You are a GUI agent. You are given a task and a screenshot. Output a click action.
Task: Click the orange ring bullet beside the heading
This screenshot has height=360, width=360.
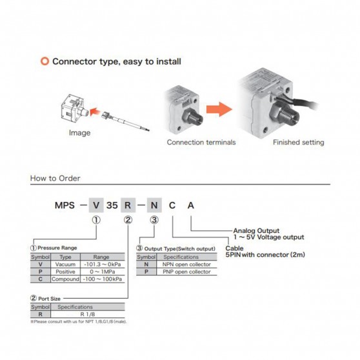45,61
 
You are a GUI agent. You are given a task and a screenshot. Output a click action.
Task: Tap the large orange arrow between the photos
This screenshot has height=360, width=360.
219,109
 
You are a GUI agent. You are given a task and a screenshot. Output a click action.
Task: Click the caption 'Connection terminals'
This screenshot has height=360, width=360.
201,143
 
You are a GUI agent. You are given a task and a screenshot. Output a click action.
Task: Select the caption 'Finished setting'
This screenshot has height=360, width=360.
299,143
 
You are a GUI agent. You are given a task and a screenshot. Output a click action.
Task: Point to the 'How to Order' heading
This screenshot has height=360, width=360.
55,178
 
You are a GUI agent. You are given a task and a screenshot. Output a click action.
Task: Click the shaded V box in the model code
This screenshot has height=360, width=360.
96,205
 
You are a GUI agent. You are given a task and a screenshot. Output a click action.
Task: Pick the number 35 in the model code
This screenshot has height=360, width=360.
112,205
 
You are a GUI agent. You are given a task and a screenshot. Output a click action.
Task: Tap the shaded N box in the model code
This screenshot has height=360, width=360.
154,205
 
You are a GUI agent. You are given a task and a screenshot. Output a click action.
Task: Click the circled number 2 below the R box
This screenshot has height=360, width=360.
128,220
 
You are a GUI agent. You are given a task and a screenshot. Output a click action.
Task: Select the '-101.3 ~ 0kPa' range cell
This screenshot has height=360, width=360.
103,265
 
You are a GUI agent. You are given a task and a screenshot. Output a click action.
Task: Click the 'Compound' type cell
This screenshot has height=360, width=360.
65,279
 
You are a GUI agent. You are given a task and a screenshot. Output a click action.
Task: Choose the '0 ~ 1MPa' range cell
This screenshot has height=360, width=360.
103,272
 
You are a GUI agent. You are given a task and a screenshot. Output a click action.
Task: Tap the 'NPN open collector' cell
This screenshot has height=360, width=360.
186,265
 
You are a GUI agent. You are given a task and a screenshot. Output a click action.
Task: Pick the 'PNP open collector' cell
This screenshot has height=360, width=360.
186,272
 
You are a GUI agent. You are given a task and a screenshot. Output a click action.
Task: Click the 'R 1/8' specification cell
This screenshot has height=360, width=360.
88,314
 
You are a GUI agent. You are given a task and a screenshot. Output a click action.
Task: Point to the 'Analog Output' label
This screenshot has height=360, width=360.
256,230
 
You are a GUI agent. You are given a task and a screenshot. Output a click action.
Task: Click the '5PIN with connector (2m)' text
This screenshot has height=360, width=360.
265,255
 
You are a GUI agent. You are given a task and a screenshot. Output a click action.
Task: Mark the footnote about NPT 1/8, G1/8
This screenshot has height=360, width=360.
79,322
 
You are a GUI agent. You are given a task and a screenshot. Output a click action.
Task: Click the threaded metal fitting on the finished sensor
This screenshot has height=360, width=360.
286,114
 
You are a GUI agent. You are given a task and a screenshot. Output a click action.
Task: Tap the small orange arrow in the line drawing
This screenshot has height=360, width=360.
95,112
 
